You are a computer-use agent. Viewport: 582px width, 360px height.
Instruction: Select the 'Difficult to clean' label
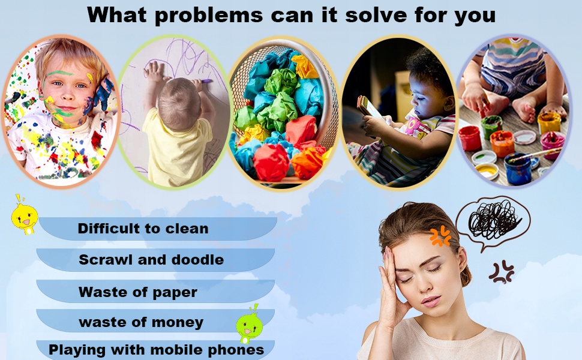coord(143,228)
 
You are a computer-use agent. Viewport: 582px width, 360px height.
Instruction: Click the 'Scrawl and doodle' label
coord(151,259)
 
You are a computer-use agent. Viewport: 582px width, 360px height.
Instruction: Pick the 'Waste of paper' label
coord(138,292)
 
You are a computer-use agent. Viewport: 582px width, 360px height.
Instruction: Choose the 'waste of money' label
coord(141,322)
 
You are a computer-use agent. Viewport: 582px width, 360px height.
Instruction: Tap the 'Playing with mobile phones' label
coord(156,350)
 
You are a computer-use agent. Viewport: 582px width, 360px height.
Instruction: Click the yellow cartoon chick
coord(25,217)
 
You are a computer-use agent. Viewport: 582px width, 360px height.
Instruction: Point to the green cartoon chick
coord(249,325)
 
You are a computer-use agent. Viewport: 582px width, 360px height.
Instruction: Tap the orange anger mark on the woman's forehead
coord(440,236)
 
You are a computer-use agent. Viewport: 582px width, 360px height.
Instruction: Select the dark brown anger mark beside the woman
coord(501,272)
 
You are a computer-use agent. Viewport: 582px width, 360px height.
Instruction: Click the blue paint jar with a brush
coord(518,169)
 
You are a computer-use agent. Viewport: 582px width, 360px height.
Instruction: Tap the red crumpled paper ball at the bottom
coord(271,162)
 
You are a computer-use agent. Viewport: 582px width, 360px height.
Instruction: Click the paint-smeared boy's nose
coord(67,95)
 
